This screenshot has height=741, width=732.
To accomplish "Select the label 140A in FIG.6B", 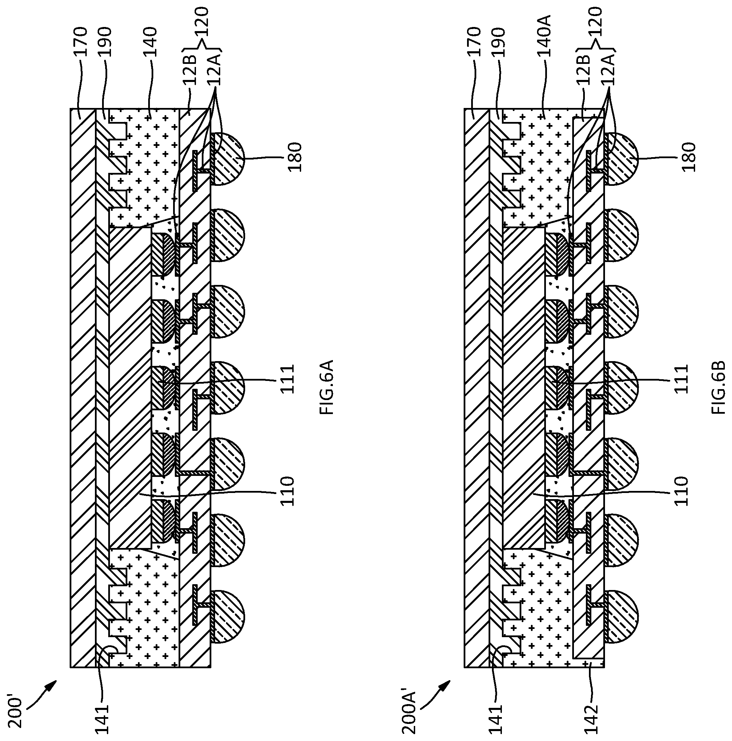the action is coord(544,36).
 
